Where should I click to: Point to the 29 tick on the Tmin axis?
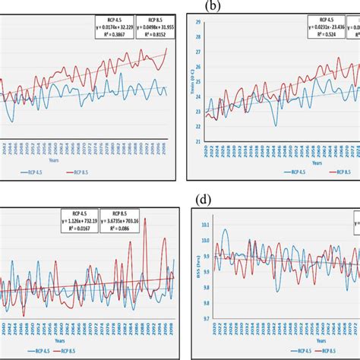(197, 23)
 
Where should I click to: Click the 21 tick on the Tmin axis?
(197, 141)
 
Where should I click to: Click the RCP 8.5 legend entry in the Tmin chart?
(332, 172)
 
